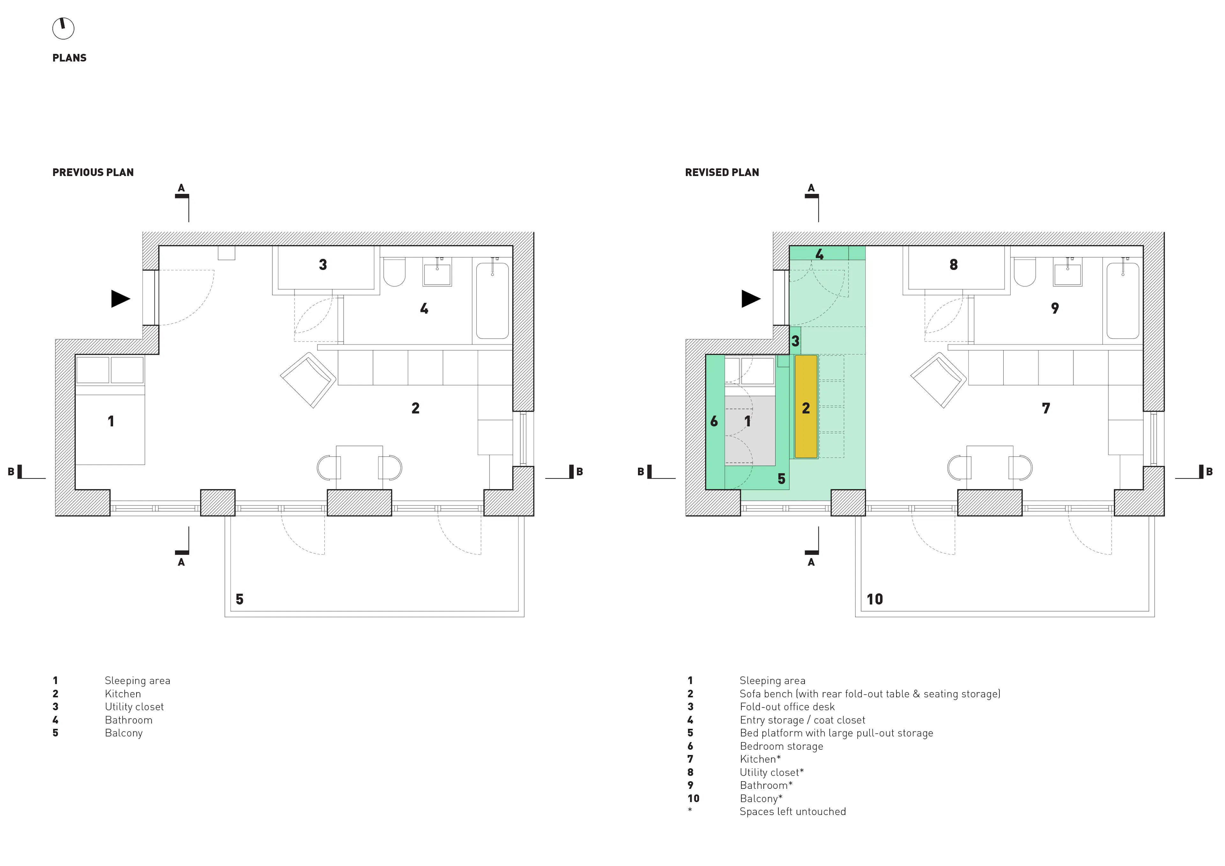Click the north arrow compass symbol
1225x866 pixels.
click(x=63, y=28)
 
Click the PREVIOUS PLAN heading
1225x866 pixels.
click(x=93, y=172)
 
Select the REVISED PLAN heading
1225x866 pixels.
click(x=722, y=172)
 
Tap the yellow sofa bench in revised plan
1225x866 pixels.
click(x=806, y=407)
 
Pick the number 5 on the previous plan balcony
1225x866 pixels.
click(x=240, y=599)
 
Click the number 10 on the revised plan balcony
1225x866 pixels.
click(x=874, y=599)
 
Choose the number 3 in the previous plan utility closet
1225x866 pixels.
click(x=323, y=265)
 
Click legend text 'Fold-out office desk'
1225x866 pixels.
click(x=787, y=707)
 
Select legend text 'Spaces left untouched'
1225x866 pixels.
click(x=793, y=811)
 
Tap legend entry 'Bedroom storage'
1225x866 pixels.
click(x=781, y=746)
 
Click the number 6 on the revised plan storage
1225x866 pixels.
click(x=714, y=422)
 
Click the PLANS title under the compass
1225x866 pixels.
click(x=69, y=58)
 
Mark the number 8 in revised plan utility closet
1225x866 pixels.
click(x=954, y=265)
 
